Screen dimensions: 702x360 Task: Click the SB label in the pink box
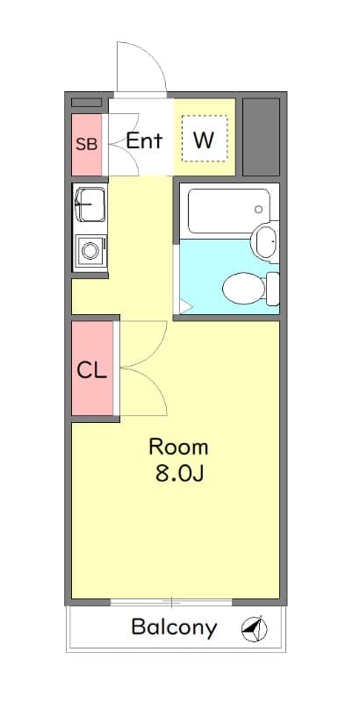click(x=86, y=144)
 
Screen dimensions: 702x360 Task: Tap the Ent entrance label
click(x=144, y=140)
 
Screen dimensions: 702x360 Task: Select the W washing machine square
click(x=204, y=140)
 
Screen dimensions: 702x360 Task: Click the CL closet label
click(x=91, y=369)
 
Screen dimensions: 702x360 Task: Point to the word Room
click(x=178, y=446)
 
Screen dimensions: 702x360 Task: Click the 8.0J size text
click(x=179, y=475)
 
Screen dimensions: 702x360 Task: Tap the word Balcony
click(x=174, y=627)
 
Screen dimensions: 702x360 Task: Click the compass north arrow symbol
click(x=253, y=627)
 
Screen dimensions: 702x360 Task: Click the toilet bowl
click(x=241, y=288)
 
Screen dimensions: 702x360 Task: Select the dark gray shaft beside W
click(x=261, y=136)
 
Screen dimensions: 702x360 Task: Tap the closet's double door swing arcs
click(x=142, y=369)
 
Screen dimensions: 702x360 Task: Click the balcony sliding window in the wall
click(x=172, y=603)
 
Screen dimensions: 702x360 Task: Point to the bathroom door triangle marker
click(x=184, y=306)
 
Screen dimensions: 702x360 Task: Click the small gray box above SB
click(x=86, y=103)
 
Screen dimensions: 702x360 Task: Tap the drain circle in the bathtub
click(x=258, y=210)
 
